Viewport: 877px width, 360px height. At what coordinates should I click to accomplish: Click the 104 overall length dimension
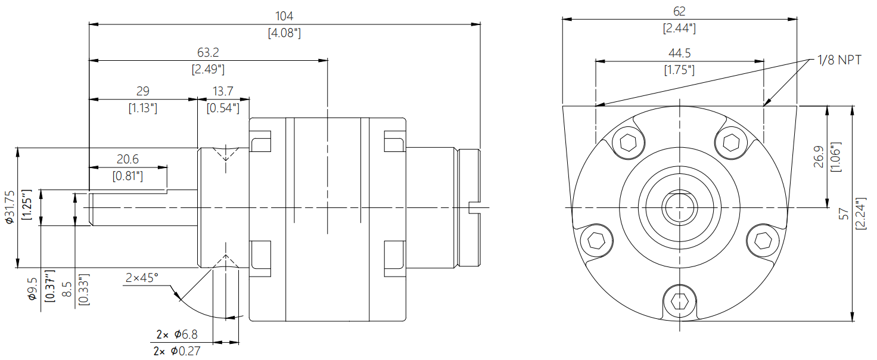(284, 16)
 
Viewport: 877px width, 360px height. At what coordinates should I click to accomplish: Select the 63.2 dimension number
(208, 52)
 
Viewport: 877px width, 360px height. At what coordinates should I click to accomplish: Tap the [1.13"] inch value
(143, 108)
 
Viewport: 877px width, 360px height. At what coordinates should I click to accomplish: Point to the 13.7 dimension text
(223, 91)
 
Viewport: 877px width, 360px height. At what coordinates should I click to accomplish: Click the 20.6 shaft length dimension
(127, 159)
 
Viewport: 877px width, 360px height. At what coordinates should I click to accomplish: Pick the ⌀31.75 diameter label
(10, 207)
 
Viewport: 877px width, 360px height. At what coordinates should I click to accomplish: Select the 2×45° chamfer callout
(142, 278)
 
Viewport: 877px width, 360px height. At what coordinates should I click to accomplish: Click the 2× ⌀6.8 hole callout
(177, 334)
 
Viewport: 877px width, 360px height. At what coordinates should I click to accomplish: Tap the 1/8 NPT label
(839, 60)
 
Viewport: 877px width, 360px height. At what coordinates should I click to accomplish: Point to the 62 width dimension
(679, 11)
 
